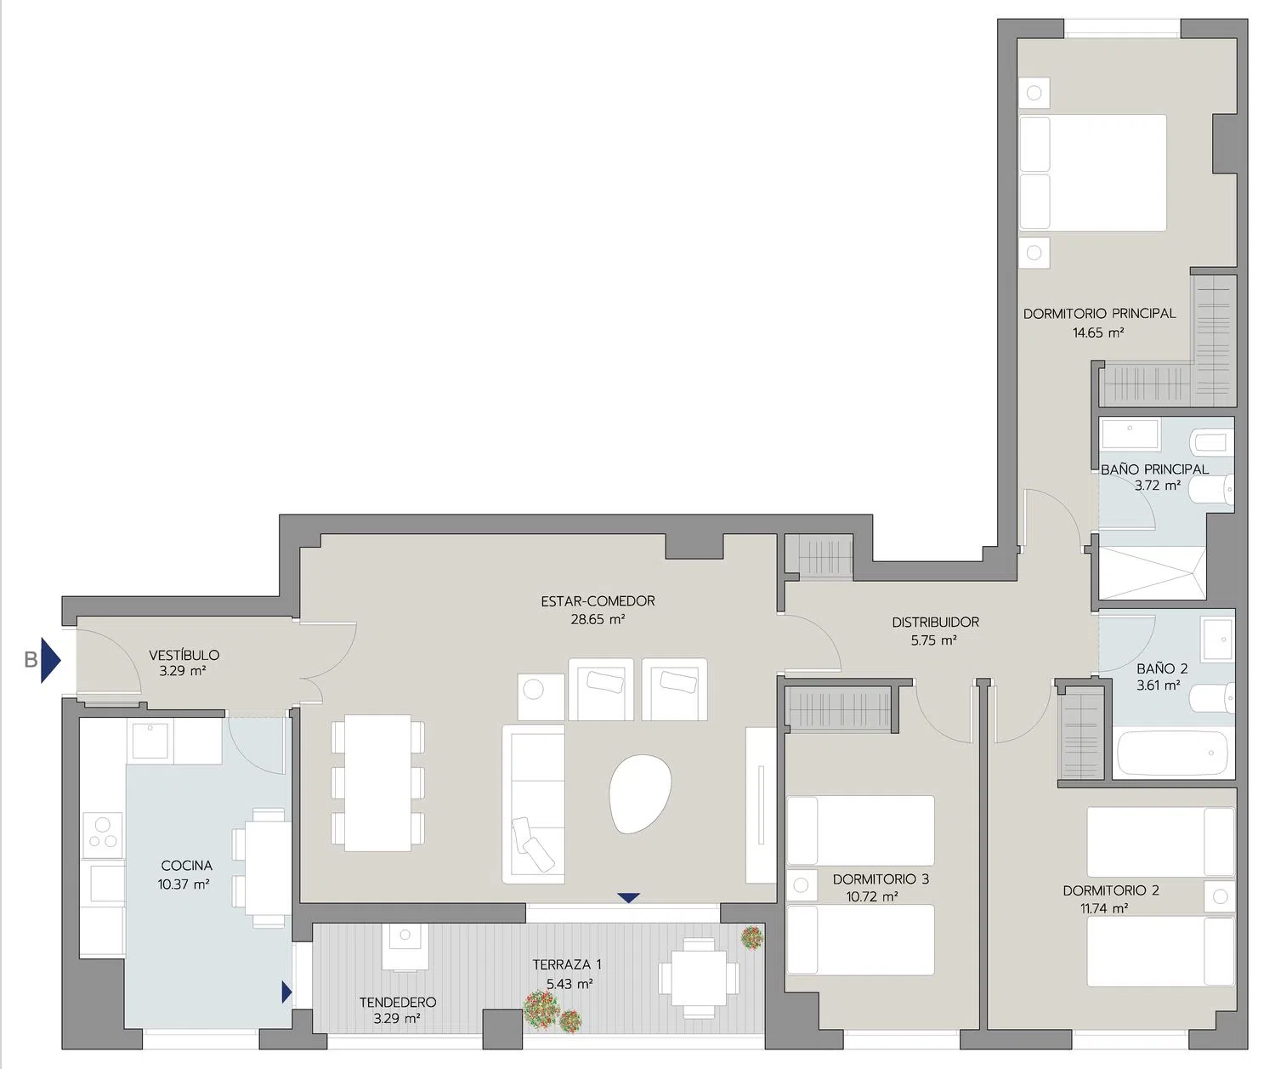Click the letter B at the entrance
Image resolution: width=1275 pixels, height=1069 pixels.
coord(31,660)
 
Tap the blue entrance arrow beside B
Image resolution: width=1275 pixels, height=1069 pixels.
coord(51,660)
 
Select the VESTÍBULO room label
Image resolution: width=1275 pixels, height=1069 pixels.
coord(184,655)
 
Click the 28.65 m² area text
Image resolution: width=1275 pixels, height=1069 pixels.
coord(598,619)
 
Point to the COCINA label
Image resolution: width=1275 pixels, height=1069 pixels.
coord(186,865)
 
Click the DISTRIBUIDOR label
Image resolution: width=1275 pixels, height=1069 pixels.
coord(935,622)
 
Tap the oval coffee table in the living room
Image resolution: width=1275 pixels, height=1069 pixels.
coord(640,793)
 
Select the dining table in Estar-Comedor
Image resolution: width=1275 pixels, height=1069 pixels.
coord(377,783)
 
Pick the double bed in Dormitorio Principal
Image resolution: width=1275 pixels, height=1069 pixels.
coord(1093,173)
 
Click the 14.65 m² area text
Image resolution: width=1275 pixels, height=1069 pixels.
coord(1098,333)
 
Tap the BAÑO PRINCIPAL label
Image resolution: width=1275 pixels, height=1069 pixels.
coord(1154,469)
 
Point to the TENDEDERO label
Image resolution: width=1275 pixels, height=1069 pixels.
coord(398,1002)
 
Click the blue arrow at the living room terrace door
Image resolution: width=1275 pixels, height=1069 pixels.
coord(628,898)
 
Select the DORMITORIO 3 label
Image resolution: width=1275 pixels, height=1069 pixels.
coord(881,879)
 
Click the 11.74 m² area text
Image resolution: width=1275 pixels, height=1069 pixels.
coord(1104,908)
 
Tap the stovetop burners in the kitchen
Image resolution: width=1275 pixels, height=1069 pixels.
coord(103,833)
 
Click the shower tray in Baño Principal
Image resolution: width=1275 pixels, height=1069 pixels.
coord(1153,573)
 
